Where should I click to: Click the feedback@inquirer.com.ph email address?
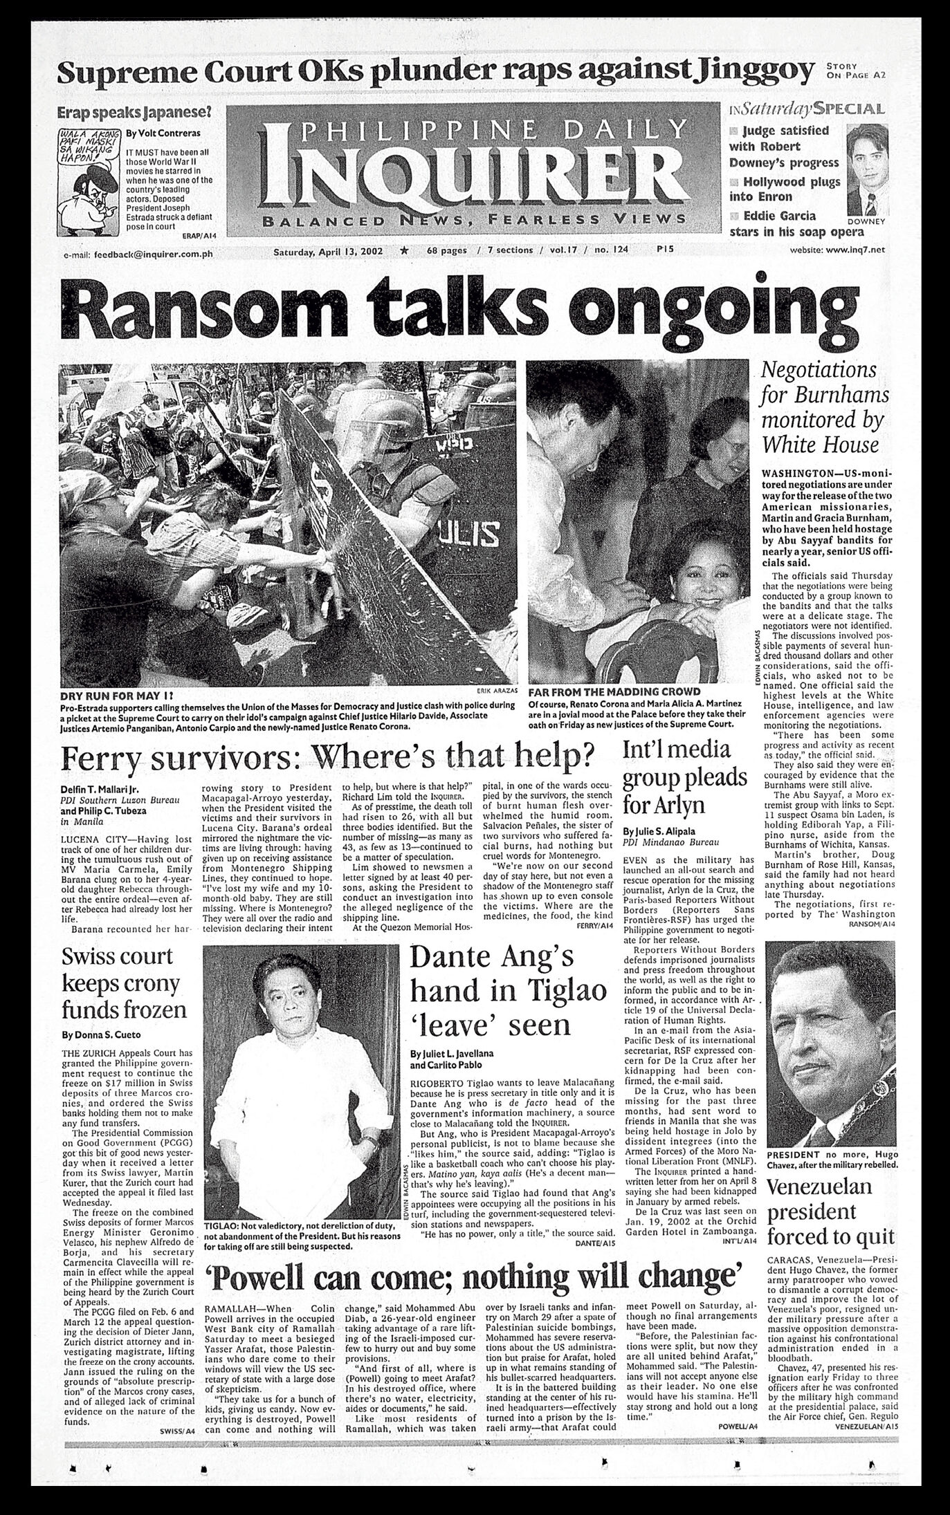[153, 254]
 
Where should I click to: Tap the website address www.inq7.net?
[837, 252]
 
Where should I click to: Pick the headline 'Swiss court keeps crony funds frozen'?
[125, 983]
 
